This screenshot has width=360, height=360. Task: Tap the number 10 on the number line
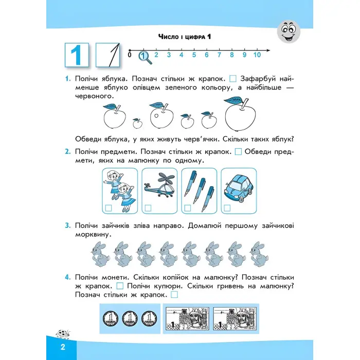(257, 55)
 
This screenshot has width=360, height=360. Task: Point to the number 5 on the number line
(194, 55)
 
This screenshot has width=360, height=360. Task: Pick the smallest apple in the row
(137, 123)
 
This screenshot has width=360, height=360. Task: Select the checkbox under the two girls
(109, 208)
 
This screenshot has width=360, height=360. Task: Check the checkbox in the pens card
(187, 208)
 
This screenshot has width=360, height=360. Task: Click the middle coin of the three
(129, 318)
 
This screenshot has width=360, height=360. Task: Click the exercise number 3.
(67, 226)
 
